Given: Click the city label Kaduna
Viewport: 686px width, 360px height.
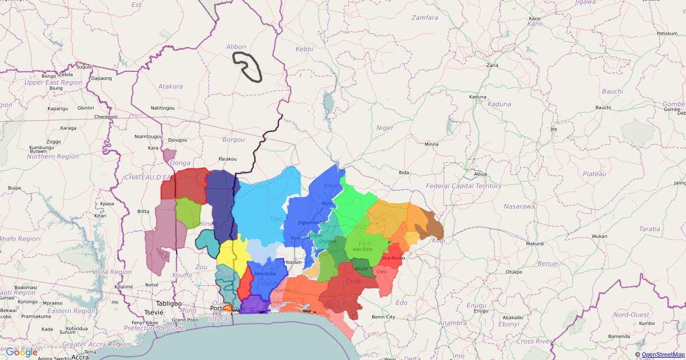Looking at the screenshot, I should [x=477, y=97].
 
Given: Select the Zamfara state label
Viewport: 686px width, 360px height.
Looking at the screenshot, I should [x=425, y=18].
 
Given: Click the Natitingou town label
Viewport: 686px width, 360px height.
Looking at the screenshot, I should [x=162, y=108].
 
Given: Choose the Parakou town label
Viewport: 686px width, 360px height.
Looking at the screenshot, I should [x=228, y=159].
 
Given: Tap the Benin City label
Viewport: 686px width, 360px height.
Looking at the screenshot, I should [x=383, y=317].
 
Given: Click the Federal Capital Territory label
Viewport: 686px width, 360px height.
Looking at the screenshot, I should [x=464, y=186].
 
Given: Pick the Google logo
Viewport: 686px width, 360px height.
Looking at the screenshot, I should [x=22, y=352].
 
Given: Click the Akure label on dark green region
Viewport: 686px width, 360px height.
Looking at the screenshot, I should [x=361, y=269].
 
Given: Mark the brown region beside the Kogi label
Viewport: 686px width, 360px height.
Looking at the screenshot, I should [x=430, y=227].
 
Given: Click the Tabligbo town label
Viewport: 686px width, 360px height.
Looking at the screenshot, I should [x=169, y=303].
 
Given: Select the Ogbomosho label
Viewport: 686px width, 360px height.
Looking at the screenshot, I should [x=312, y=222].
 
